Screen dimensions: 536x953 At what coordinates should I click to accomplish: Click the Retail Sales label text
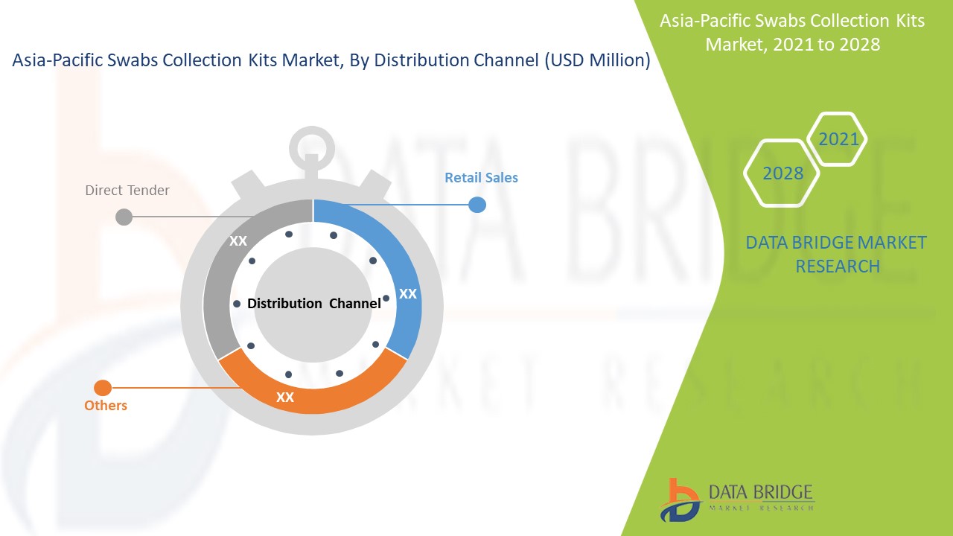point(481,178)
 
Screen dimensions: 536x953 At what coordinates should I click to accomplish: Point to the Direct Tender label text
point(127,191)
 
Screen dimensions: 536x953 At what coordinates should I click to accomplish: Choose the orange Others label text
point(106,406)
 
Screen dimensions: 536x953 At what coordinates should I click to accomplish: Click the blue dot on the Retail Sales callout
point(477,205)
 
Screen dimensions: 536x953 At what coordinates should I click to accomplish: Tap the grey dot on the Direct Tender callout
point(124,217)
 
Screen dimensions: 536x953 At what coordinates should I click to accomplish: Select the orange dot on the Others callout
point(103,388)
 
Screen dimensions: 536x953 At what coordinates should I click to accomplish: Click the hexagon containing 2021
point(838,139)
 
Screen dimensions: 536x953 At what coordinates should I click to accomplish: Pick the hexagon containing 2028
point(782,173)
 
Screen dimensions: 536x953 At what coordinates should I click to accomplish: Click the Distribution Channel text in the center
point(313,304)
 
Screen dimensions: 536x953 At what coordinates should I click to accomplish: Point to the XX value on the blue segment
point(408,294)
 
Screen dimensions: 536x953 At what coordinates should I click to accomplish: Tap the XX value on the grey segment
point(238,241)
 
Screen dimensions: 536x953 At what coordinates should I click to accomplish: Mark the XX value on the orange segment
point(285,398)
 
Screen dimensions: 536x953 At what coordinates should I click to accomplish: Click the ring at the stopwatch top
point(312,145)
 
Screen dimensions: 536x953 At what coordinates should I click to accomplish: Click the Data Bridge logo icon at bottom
point(679,500)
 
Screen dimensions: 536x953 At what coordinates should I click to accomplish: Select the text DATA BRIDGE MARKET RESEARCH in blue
point(836,255)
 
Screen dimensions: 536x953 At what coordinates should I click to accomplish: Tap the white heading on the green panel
point(792,32)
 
